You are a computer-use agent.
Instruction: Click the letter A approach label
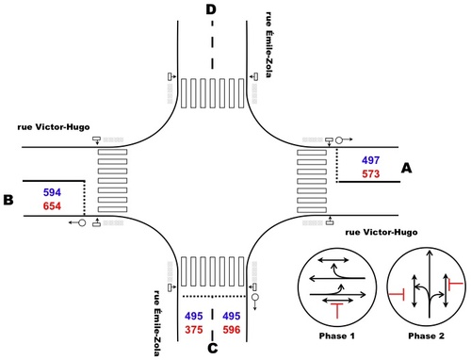(406, 168)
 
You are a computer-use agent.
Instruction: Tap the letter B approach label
(8, 200)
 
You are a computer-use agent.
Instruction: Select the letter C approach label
(213, 348)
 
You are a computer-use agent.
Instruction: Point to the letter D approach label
(211, 9)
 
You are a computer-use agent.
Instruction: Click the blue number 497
(370, 160)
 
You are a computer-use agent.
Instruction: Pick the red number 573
(370, 174)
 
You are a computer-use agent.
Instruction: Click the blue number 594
(52, 192)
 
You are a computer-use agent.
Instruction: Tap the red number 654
(52, 206)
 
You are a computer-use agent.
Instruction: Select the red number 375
(194, 330)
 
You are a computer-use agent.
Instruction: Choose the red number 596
(232, 330)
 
